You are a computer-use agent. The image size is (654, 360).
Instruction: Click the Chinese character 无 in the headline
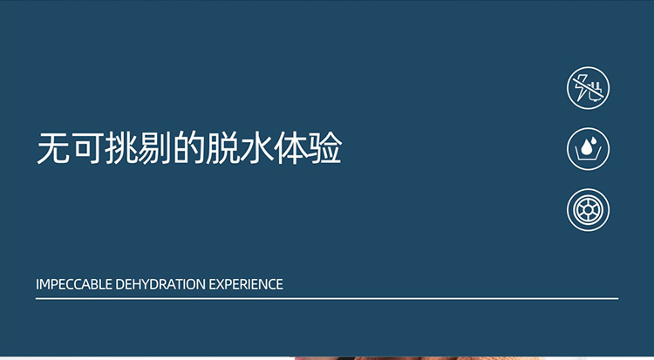[x=53, y=150]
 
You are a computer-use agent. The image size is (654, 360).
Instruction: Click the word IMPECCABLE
[x=73, y=284]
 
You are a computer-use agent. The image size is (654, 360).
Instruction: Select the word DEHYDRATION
[x=160, y=284]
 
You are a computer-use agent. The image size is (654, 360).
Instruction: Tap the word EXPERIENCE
[x=246, y=284]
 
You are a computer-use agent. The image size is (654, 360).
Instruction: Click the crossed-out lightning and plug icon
[x=588, y=89]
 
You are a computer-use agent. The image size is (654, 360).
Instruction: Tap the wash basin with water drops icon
[x=588, y=149]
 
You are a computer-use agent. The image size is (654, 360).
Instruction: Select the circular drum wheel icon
[x=588, y=209]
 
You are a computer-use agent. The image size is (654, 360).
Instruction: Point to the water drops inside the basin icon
[x=589, y=144]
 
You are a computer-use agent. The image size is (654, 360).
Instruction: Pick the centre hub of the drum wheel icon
[x=588, y=209]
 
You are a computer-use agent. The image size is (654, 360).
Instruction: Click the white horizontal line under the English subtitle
[x=327, y=298]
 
